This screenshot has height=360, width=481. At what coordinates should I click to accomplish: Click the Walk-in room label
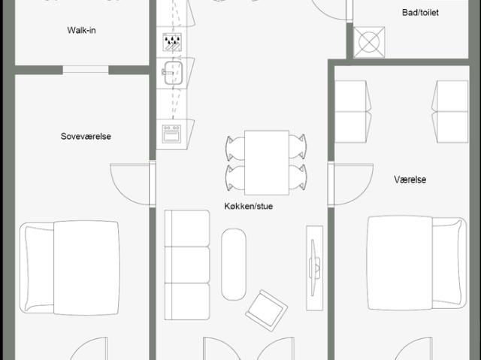coord(81,30)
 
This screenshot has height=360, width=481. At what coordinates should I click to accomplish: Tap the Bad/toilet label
coord(420,13)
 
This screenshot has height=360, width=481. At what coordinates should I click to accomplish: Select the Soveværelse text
coord(86,137)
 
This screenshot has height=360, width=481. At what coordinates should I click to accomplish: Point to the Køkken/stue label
coord(249,206)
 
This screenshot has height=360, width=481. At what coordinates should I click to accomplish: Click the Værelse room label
coord(410,180)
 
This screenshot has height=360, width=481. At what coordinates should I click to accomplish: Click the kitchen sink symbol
coord(173,73)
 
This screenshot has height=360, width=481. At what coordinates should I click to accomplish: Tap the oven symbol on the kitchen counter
coord(172,134)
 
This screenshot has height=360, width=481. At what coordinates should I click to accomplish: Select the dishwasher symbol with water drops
coord(172,42)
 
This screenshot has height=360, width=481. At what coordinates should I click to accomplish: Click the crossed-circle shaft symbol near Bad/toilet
coord(369,42)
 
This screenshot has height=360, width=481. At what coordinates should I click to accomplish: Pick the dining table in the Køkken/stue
coord(267,162)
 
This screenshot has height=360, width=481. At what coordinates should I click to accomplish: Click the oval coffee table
coord(234,264)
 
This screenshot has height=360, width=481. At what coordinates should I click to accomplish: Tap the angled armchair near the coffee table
coord(266,310)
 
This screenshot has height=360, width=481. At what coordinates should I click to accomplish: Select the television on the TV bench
coord(314,268)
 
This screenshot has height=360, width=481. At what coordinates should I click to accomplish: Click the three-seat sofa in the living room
coord(187,265)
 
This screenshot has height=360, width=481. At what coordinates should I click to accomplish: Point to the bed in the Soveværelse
coord(70,268)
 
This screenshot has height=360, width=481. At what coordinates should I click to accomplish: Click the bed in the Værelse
coord(417,263)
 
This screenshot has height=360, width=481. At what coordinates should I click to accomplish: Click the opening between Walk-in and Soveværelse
coord(86,70)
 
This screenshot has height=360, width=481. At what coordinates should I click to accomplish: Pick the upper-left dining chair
coord(235,148)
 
